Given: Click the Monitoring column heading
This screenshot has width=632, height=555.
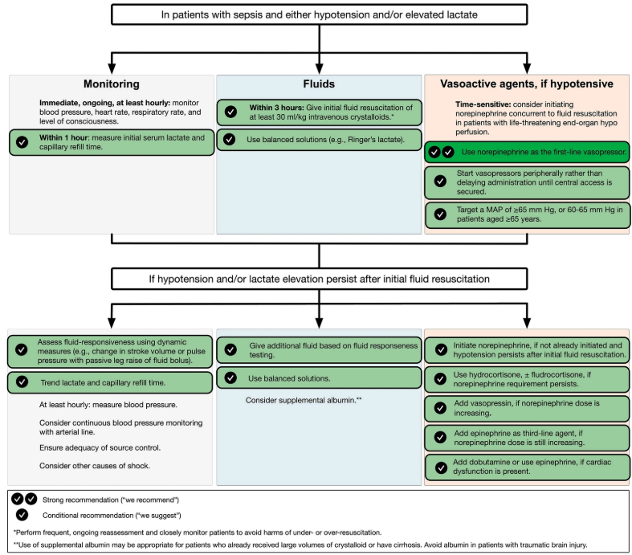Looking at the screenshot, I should coord(112,84).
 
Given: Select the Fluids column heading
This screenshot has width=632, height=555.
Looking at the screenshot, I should coord(320,84).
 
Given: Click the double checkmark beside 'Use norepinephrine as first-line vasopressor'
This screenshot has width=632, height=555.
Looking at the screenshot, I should coord(441,152).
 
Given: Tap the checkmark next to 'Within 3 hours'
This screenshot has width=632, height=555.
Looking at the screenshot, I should coord(231,112).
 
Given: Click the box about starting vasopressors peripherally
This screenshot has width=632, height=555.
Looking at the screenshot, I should coord(527,182).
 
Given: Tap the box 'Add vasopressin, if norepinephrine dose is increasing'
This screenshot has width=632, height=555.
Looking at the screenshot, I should coord(527,408).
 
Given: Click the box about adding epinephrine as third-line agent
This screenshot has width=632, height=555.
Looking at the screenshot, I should coord(527,438).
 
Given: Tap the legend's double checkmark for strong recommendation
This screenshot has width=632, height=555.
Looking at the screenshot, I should coord(23,499).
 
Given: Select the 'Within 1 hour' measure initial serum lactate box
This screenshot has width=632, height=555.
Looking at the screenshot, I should coord(112,143).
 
